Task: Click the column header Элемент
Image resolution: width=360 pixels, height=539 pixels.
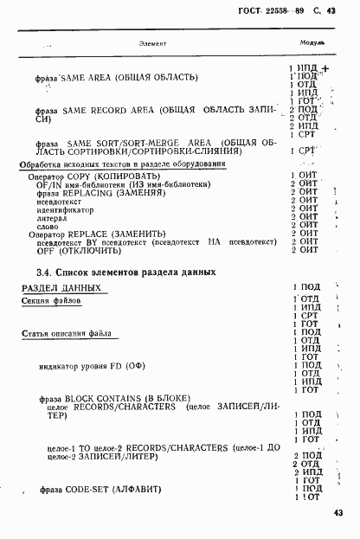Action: click(151, 42)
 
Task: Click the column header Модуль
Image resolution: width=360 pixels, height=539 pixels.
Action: click(312, 42)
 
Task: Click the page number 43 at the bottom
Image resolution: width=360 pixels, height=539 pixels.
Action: click(337, 513)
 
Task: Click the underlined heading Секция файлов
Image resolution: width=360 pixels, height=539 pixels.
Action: click(51, 300)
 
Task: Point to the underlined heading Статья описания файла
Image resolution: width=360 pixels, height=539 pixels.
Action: click(70, 334)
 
